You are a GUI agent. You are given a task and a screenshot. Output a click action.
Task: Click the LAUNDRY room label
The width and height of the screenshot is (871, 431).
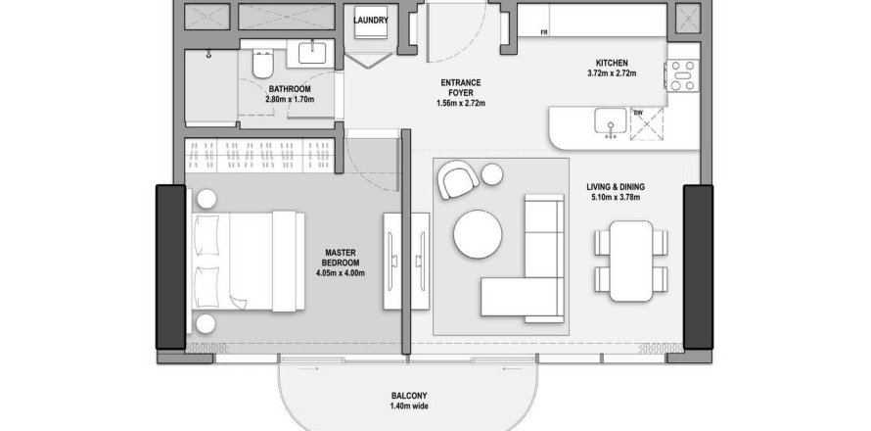pos(371,21)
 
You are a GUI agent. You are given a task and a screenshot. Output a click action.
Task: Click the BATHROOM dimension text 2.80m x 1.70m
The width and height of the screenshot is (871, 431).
pos(290,100)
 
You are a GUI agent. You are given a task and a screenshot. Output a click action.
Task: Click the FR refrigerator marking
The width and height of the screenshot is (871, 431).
pos(544,32)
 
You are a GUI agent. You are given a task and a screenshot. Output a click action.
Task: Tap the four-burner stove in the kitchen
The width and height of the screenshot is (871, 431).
pos(683,75)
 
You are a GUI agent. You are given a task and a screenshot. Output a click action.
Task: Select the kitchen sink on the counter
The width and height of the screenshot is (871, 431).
pos(611,121)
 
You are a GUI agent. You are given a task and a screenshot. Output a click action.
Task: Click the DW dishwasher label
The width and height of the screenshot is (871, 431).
pos(638,113)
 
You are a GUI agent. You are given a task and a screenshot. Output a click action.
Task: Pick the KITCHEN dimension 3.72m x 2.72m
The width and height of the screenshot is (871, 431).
pos(612,72)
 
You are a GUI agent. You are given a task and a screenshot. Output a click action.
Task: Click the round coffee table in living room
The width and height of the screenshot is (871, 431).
pos(478,233)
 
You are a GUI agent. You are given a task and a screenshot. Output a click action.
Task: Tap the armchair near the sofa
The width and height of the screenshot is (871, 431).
pos(458,179)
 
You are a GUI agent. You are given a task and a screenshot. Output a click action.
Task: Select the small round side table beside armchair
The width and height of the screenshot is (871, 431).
pos(492,174)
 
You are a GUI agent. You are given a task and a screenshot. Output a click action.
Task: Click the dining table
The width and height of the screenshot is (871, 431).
pos(630,261)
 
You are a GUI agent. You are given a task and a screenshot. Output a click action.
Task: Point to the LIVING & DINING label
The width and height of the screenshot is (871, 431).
pos(616,187)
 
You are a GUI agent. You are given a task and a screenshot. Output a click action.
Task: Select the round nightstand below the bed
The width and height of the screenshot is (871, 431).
pos(206,323)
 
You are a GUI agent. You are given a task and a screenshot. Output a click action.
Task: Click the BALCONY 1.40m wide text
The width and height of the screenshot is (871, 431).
pos(409,401)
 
